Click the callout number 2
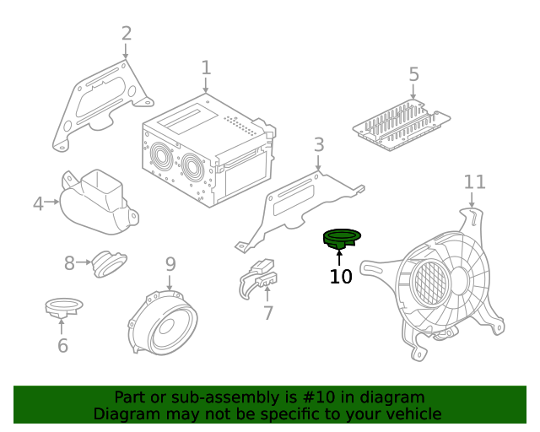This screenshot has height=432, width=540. (x=127, y=34)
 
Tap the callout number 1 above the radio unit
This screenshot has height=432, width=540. (x=206, y=67)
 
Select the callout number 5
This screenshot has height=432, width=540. (x=414, y=74)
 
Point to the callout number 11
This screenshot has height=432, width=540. (x=474, y=182)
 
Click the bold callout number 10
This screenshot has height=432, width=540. (x=341, y=276)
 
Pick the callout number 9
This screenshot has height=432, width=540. (x=170, y=264)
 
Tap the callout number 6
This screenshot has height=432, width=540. (x=62, y=345)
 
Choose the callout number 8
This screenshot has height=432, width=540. (x=69, y=263)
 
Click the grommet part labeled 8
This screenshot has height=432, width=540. (x=110, y=263)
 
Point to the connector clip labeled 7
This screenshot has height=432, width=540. (x=258, y=278)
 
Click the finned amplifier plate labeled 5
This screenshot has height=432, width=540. (x=402, y=125)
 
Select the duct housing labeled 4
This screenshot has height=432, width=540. (x=98, y=203)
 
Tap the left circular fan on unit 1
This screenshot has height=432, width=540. (x=161, y=157)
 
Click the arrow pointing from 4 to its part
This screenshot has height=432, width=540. (x=52, y=202)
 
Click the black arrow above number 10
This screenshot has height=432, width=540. (x=339, y=258)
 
